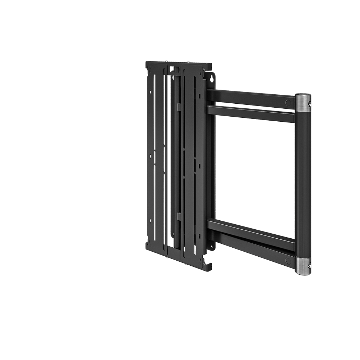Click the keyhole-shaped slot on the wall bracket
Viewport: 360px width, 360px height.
pos(211,77)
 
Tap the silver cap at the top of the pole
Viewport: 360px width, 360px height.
pos(302,102)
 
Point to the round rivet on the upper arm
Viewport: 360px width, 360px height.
pos(288,103)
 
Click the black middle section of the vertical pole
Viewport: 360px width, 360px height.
pos(302,184)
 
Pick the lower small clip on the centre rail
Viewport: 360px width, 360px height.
pos(179,216)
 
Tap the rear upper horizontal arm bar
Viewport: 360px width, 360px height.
pos(252,97)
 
